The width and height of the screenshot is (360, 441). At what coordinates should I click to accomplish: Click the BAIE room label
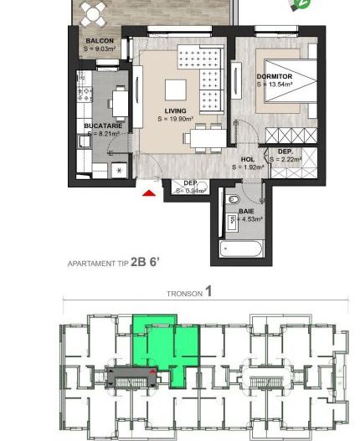(x=246, y=212)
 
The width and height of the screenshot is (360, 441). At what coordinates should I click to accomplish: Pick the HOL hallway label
(x=247, y=158)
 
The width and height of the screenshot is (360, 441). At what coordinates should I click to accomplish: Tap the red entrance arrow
(x=149, y=194)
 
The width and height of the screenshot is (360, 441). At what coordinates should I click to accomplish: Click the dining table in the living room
(x=204, y=137)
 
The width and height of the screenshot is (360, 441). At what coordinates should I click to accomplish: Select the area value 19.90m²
(x=175, y=119)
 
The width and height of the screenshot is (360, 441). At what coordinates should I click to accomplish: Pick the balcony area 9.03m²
(x=102, y=49)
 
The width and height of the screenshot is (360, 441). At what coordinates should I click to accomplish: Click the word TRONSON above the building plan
(x=180, y=294)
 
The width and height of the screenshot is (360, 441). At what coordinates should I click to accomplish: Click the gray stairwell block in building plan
(x=132, y=377)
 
